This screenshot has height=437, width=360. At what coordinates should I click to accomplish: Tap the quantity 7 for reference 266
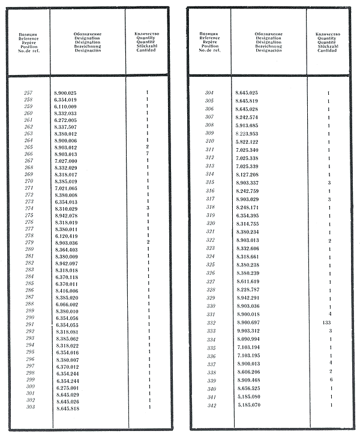coord(147,154)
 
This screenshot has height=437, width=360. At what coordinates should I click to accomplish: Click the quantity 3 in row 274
coord(147,208)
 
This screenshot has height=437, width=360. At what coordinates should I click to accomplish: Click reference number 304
coord(209,93)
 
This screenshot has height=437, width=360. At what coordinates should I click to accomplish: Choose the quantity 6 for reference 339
coord(330,380)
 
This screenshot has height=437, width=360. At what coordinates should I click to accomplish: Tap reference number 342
coord(209,405)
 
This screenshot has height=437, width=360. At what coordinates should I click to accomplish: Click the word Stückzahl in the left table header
coord(147,46)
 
